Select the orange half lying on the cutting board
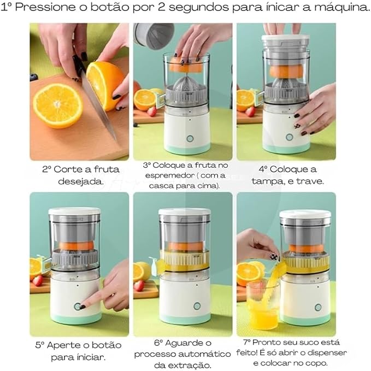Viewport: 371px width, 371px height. pyautogui.click(x=57, y=105)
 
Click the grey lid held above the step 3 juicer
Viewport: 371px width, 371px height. pyautogui.click(x=155, y=36)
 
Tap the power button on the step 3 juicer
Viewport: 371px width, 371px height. pyautogui.click(x=190, y=138)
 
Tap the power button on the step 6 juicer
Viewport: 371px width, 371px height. pyautogui.click(x=197, y=306)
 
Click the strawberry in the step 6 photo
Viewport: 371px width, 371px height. pyautogui.click(x=138, y=285)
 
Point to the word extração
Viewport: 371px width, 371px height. pyautogui.click(x=190, y=365)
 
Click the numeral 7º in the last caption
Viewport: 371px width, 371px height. pyautogui.click(x=247, y=342)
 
